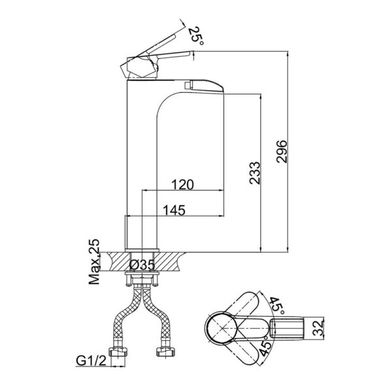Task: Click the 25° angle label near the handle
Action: coord(195,34)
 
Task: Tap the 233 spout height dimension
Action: coord(256,173)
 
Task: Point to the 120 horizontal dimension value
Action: coord(182,185)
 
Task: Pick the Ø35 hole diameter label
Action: coord(142,265)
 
